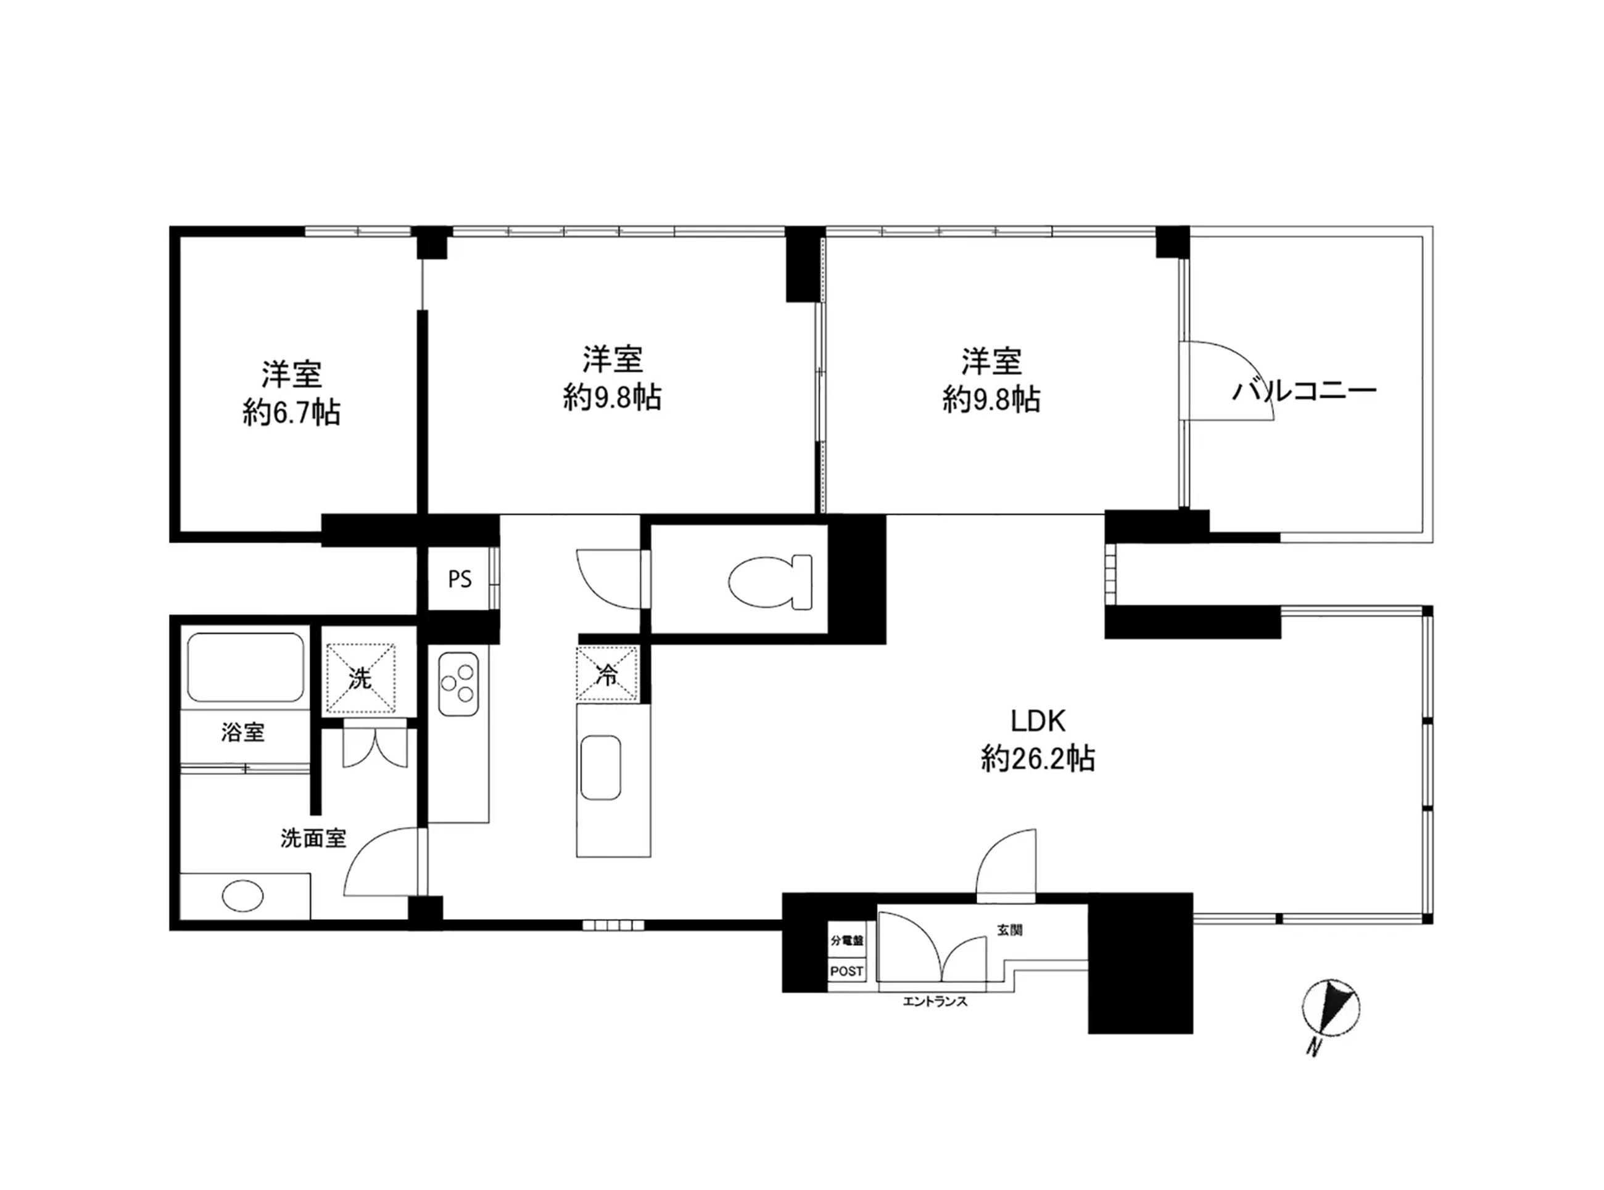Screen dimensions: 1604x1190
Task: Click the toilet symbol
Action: point(769,581)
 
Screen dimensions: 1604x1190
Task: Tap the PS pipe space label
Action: point(460,579)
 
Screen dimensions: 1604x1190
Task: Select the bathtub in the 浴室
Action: point(245,667)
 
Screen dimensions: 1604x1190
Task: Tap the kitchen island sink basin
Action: point(601,767)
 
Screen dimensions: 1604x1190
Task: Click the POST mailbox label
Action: point(846,971)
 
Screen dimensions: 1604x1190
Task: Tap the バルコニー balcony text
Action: point(1304,391)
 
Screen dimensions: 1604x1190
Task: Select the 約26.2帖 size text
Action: point(1038,759)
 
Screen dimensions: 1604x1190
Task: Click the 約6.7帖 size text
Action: point(291,412)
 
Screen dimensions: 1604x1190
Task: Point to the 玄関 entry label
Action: point(1009,930)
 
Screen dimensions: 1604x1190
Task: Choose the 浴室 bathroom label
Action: point(243,732)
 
